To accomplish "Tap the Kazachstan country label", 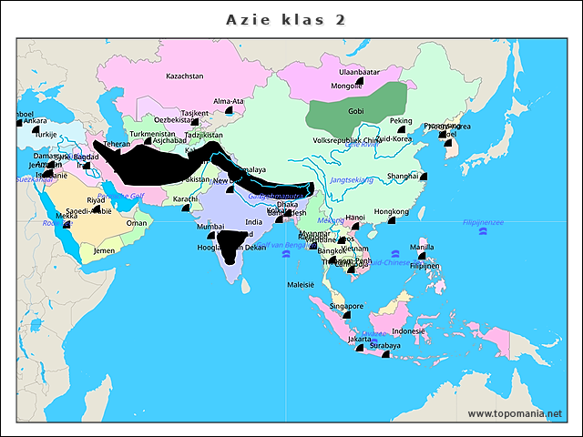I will coord(184,76).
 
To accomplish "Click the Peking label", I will coord(401,121).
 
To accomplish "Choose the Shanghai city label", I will coord(403,176).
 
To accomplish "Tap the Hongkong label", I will coord(392,211).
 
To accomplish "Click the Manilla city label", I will coord(422,247).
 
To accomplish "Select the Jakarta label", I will coord(360,339).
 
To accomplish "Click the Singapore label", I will coord(347,307).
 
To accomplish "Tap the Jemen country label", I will coord(104,250).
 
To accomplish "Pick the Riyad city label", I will coord(96,200).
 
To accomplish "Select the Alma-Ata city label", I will coord(228,101).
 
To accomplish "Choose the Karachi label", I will coord(185,198).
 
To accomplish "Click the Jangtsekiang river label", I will coord(353,180).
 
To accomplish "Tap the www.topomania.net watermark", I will coord(515,413).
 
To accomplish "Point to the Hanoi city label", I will coord(355,218).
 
